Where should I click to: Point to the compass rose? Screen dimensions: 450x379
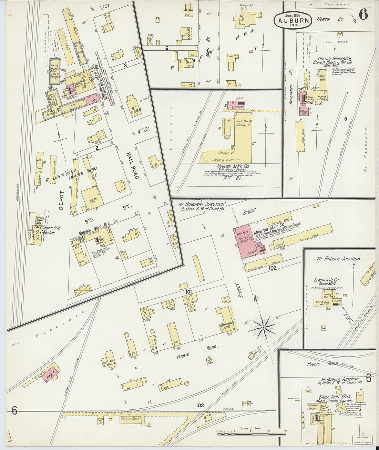(x=263, y=326)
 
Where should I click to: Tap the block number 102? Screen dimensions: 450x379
(x=273, y=267)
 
